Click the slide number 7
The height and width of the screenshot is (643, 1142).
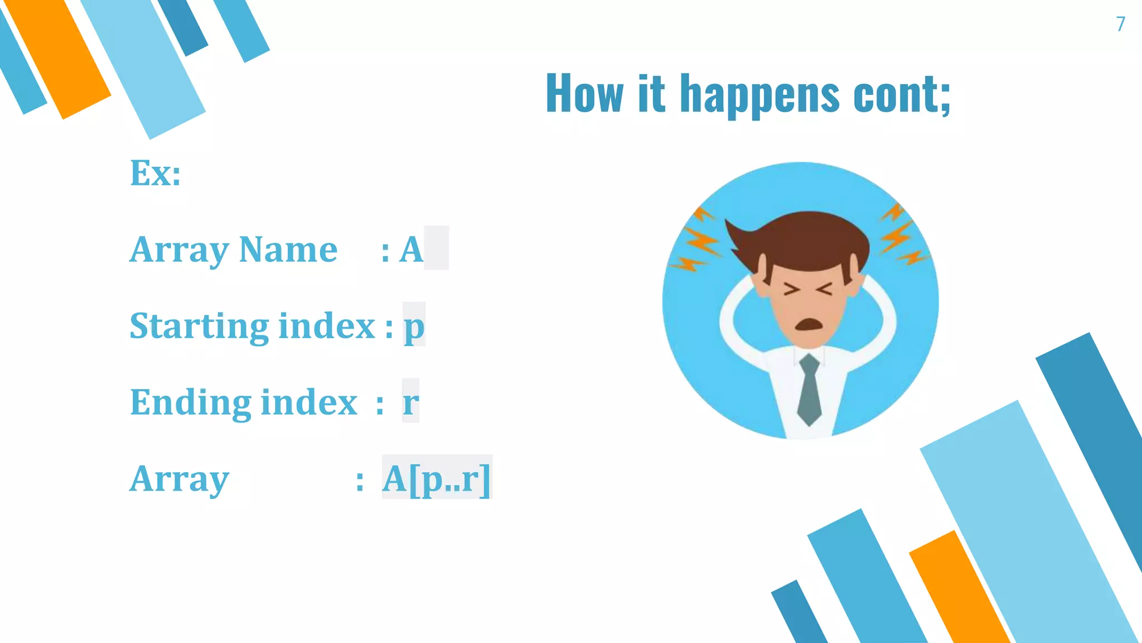pyautogui.click(x=1120, y=24)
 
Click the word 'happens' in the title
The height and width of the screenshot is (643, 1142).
pyautogui.click(x=759, y=94)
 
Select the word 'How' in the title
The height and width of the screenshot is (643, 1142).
pyautogui.click(x=584, y=93)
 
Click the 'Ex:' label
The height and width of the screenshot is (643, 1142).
pyautogui.click(x=155, y=173)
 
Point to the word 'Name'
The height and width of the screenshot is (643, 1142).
pyautogui.click(x=288, y=249)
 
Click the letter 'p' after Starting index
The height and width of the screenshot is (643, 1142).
pyautogui.click(x=414, y=327)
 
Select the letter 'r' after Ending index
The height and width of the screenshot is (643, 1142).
pyautogui.click(x=410, y=402)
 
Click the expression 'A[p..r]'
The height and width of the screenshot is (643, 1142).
pyautogui.click(x=436, y=478)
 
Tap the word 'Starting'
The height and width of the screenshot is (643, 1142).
pyautogui.click(x=199, y=327)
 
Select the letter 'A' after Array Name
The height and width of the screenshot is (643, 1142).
pyautogui.click(x=412, y=249)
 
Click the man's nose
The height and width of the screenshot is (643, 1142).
pyautogui.click(x=807, y=304)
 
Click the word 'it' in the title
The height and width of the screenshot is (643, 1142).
pyautogui.click(x=651, y=93)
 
